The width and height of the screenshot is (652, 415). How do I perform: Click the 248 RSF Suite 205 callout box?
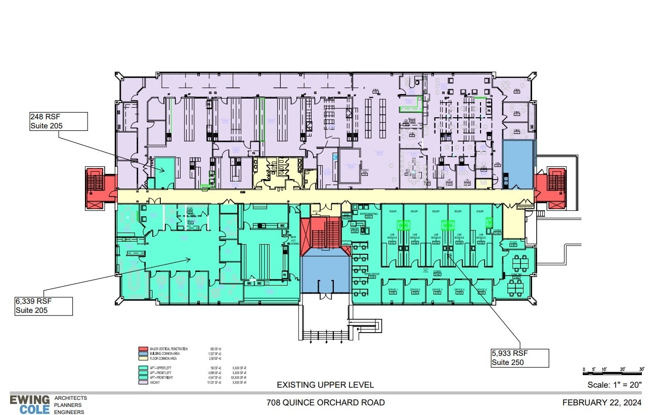pos(58,121)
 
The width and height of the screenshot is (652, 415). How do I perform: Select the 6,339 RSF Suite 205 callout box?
pos(44,306)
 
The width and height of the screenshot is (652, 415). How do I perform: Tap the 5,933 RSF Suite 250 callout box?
pos(519,358)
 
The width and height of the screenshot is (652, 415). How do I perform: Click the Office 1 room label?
pos(393,291)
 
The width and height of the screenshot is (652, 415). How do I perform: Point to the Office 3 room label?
pos(438,291)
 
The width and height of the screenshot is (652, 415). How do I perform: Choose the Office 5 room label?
pos(482,291)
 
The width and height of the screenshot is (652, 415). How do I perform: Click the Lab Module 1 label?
pos(393,237)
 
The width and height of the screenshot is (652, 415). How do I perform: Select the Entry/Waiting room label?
pos(368,214)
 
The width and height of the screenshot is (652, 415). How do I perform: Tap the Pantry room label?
pos(355,230)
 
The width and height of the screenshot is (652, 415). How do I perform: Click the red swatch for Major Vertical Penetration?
pos(143,349)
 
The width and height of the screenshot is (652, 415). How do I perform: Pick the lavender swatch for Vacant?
pos(143,382)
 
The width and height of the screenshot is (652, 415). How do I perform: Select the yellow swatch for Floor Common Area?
pos(143,358)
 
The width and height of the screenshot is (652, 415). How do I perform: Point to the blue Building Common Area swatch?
pos(143,353)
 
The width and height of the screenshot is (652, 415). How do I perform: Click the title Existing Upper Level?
pos(325,385)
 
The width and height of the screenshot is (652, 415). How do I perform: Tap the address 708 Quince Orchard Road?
pos(325,403)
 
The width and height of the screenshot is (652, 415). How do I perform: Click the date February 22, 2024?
pos(602,403)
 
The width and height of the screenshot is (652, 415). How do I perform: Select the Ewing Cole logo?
pos(30,404)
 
